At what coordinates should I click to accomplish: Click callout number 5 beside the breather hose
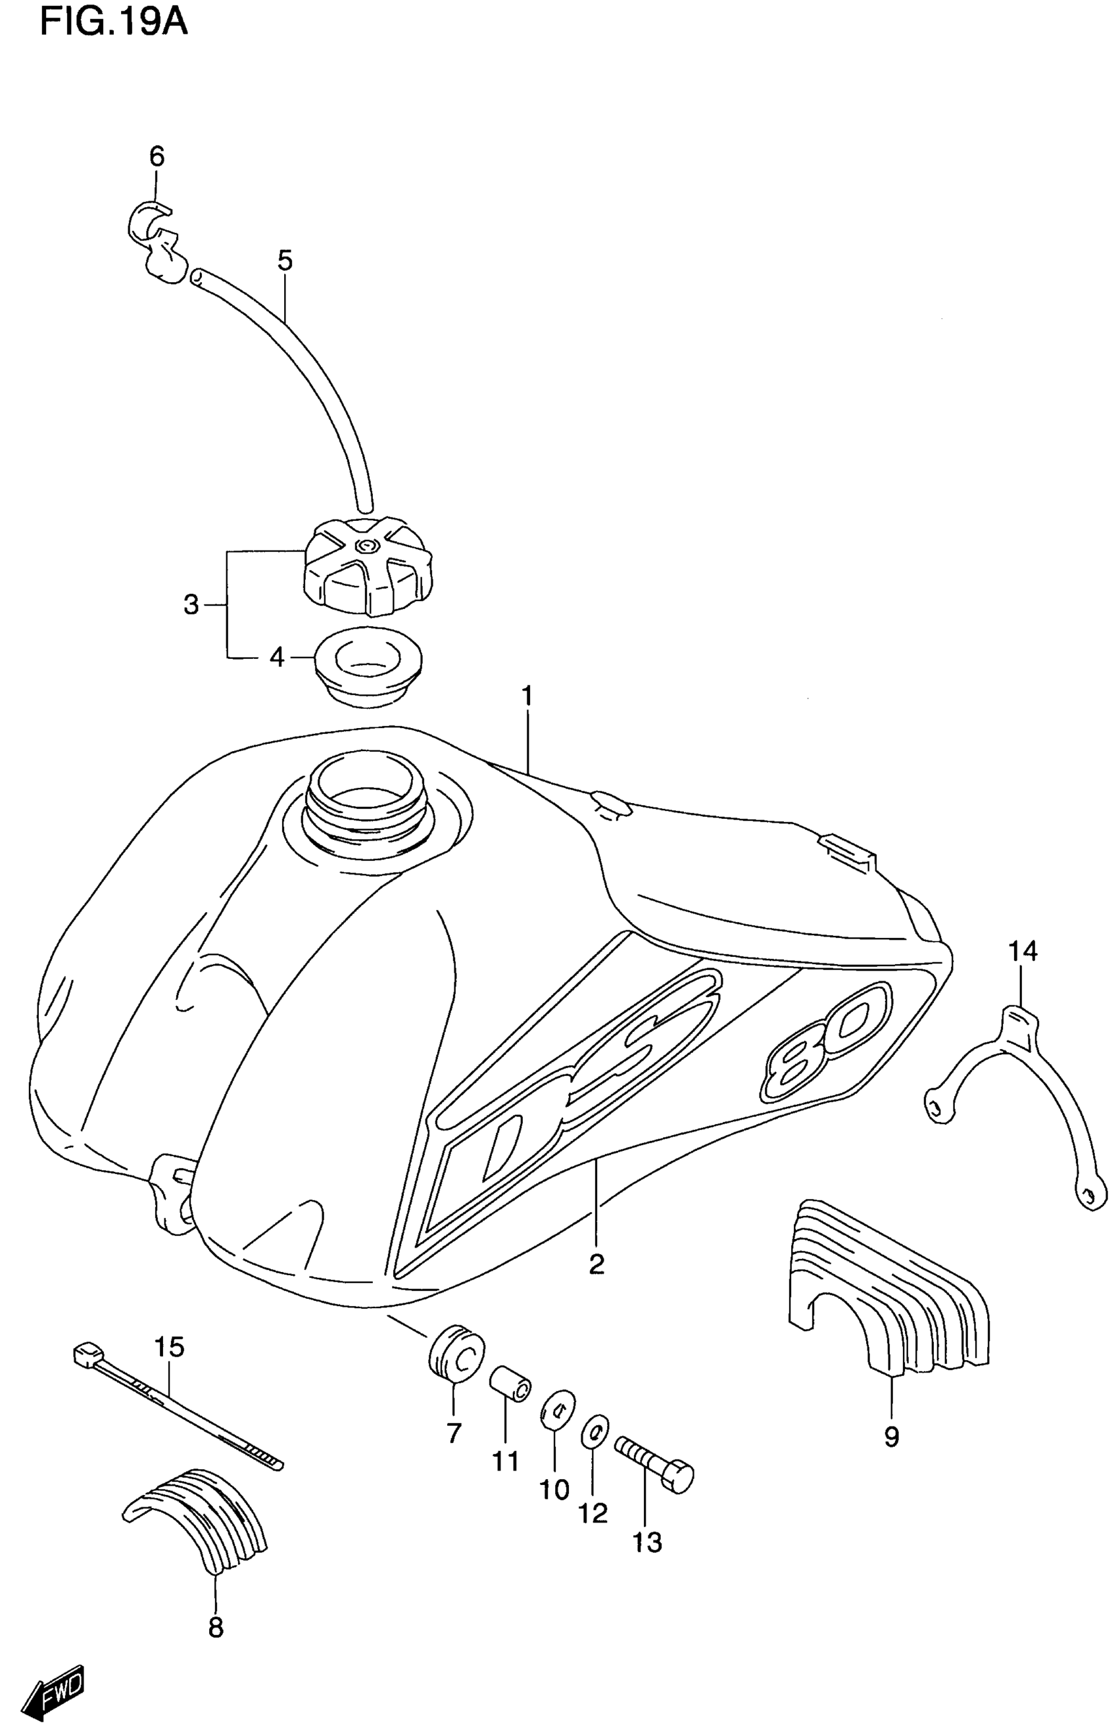285,260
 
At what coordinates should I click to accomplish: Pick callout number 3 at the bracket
191,604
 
